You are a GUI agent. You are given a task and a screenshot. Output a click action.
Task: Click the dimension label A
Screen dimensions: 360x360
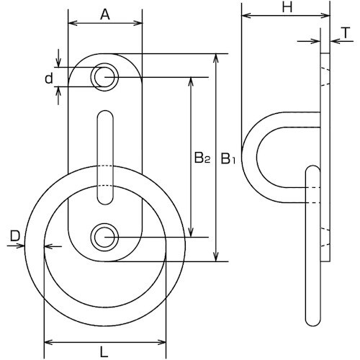coord(105,15)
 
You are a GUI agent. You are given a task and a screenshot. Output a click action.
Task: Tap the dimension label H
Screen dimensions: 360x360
coord(287,8)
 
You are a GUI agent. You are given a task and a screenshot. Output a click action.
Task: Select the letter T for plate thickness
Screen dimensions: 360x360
coord(346,33)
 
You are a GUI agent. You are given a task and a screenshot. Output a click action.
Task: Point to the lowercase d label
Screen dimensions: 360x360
coord(49,78)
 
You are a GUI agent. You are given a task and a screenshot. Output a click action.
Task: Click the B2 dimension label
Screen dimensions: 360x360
coord(202,158)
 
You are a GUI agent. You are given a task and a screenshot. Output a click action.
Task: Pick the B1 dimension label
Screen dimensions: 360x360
coord(228,158)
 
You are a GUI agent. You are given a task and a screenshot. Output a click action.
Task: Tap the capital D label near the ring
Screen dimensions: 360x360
coord(15,237)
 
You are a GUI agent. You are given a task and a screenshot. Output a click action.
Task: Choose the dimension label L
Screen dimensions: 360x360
coord(104,353)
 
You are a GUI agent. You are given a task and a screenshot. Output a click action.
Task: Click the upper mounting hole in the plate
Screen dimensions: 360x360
coord(104,77)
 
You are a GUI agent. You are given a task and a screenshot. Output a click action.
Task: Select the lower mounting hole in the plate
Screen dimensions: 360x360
coord(104,237)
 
